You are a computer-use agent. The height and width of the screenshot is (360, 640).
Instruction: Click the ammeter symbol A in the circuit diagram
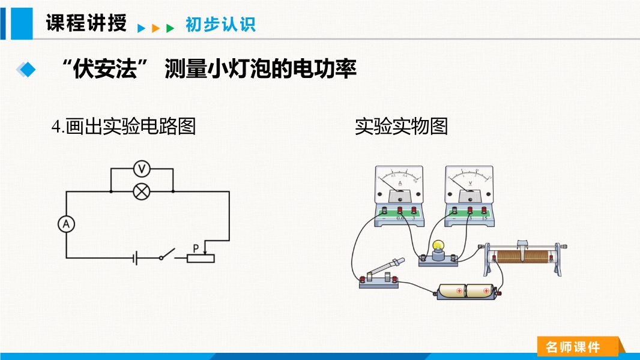66,224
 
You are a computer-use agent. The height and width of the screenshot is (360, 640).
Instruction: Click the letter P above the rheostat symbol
195,247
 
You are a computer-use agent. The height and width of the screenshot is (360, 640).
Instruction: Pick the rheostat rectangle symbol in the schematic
200,259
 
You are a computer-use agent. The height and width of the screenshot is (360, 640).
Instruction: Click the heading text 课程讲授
86,23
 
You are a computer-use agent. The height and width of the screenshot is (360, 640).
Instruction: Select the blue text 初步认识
220,25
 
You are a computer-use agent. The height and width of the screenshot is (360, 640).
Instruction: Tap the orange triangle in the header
155,28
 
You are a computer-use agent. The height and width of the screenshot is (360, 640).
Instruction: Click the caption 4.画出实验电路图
124,127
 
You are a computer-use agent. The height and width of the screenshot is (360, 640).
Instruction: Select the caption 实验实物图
401,127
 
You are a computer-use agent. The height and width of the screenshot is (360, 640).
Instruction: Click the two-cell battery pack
466,292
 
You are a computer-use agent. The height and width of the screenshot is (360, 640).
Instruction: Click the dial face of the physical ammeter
400,178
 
